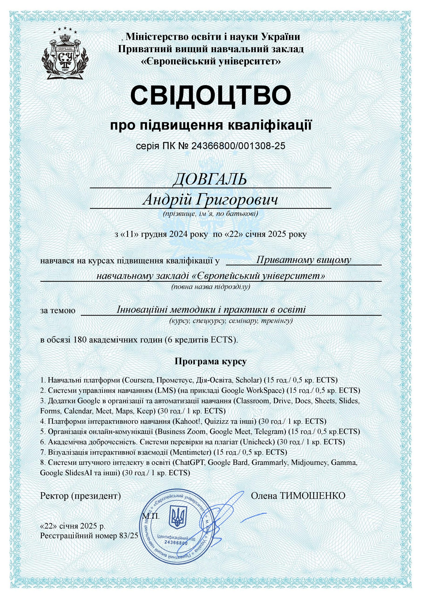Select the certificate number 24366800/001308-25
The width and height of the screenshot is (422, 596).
pyautogui.click(x=238, y=146)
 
